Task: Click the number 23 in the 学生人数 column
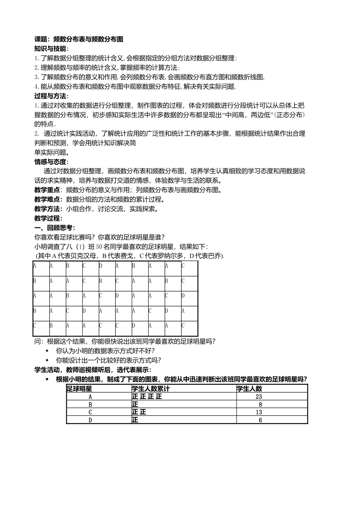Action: coord(259,397)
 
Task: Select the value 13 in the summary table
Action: coord(259,412)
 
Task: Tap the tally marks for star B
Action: coord(135,404)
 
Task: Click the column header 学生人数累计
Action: coord(151,389)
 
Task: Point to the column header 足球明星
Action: coord(79,389)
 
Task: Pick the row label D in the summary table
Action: coord(90,420)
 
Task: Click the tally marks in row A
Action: coord(147,397)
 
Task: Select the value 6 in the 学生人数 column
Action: coord(260,420)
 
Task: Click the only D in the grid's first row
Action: coord(100,266)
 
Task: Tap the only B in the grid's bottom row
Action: coord(51,326)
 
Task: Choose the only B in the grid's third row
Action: coord(67,296)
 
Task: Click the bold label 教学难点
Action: coord(47,199)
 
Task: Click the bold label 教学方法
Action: coord(47,209)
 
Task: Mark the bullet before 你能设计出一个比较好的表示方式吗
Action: coord(47,360)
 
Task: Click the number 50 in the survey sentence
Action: coord(99,247)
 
